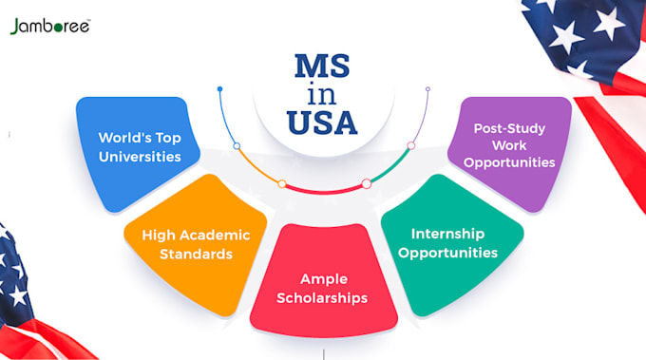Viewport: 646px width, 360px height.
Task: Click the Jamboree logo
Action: coord(50,27)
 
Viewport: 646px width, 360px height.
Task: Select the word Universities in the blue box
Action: coord(140,157)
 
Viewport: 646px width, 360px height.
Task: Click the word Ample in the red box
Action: coord(323,279)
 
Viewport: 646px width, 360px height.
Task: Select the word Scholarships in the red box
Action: coord(323,298)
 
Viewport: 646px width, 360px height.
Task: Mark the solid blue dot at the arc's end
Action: coord(219,89)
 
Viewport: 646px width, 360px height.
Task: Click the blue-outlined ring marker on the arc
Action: coord(237,146)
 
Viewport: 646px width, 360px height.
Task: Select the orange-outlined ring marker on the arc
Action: coord(281,182)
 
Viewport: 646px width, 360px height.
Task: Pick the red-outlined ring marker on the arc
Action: coord(366,182)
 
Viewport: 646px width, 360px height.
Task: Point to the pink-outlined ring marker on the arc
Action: coord(411,146)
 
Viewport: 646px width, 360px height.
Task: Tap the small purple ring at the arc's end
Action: coord(427,89)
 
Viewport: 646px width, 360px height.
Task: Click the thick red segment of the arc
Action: coord(323,190)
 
